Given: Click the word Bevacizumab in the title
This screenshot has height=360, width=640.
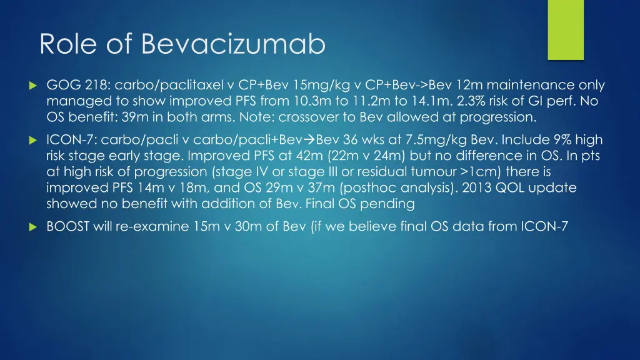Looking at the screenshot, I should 234,44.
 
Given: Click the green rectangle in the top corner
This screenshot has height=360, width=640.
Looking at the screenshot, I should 566,29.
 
